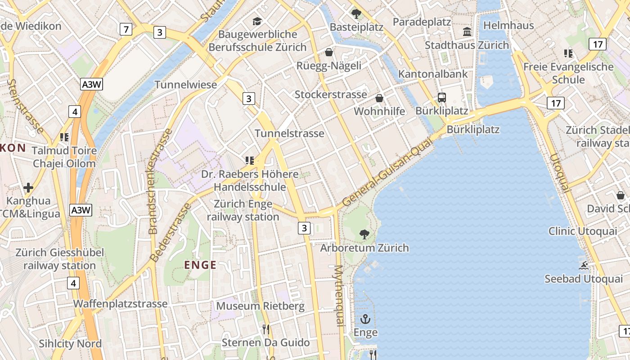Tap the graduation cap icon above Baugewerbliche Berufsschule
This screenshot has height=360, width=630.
pyautogui.click(x=257, y=21)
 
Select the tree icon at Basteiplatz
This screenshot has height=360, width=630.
pyautogui.click(x=356, y=14)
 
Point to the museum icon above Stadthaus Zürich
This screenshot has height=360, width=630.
pyautogui.click(x=467, y=32)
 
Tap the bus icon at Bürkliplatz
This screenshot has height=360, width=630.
pyautogui.click(x=442, y=98)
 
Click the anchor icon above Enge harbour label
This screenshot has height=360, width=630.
pyautogui.click(x=365, y=319)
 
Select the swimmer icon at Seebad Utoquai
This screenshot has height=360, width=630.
pyautogui.click(x=584, y=265)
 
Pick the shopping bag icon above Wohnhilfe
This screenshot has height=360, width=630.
pyautogui.click(x=379, y=98)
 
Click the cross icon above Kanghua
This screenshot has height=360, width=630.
pyautogui.click(x=28, y=187)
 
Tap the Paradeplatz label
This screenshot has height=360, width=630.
pyautogui.click(x=422, y=22)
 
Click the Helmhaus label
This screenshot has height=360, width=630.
pyautogui.click(x=508, y=25)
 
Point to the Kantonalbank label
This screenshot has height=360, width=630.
pyautogui.click(x=433, y=74)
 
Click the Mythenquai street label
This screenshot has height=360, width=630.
pyautogui.click(x=339, y=295)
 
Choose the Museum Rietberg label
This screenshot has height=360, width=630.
pyautogui.click(x=260, y=306)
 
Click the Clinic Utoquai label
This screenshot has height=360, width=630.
pyautogui.click(x=583, y=231)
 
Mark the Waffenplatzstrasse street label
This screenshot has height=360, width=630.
pyautogui.click(x=121, y=304)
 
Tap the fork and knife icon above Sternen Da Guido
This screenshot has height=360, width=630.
pyautogui.click(x=266, y=329)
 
